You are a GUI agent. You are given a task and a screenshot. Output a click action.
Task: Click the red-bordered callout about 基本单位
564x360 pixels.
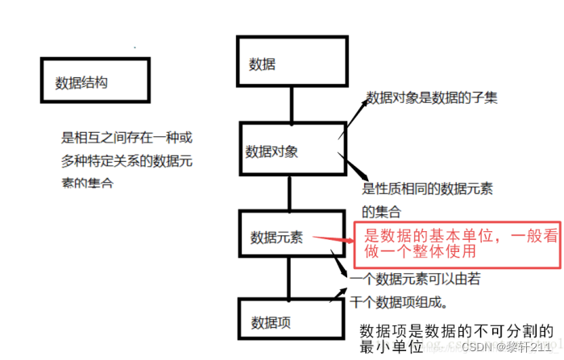(457, 242)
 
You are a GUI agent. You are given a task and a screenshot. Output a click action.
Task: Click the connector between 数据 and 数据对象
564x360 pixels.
(291, 104)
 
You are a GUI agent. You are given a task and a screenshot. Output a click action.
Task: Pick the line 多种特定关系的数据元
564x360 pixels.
(127, 160)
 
